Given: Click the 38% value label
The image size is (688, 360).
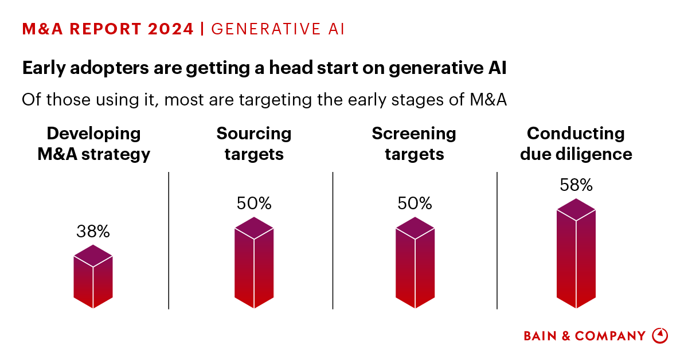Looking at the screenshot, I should coord(93,232).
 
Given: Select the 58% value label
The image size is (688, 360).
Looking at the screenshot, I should coord(576,185).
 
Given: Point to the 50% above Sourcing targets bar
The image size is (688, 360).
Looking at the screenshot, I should coord(254,204).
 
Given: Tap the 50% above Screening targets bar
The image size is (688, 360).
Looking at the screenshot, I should coord(415,204).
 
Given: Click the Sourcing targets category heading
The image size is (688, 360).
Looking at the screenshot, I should coord(254,144).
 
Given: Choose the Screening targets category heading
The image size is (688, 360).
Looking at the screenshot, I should coord(414,144).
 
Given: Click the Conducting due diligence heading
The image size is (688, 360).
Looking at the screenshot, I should coord(576,144).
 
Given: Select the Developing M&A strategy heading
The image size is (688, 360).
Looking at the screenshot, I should coord(93,144).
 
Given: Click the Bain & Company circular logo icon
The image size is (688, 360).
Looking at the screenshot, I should coord(660,335).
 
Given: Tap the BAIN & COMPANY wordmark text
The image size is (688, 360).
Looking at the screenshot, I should coord(585,336).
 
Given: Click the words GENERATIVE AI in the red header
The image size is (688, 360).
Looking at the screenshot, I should coord(278,29).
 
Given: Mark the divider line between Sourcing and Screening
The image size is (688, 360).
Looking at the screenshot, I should coord(333,241).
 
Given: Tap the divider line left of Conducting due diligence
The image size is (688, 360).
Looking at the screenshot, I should coord(497,241).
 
